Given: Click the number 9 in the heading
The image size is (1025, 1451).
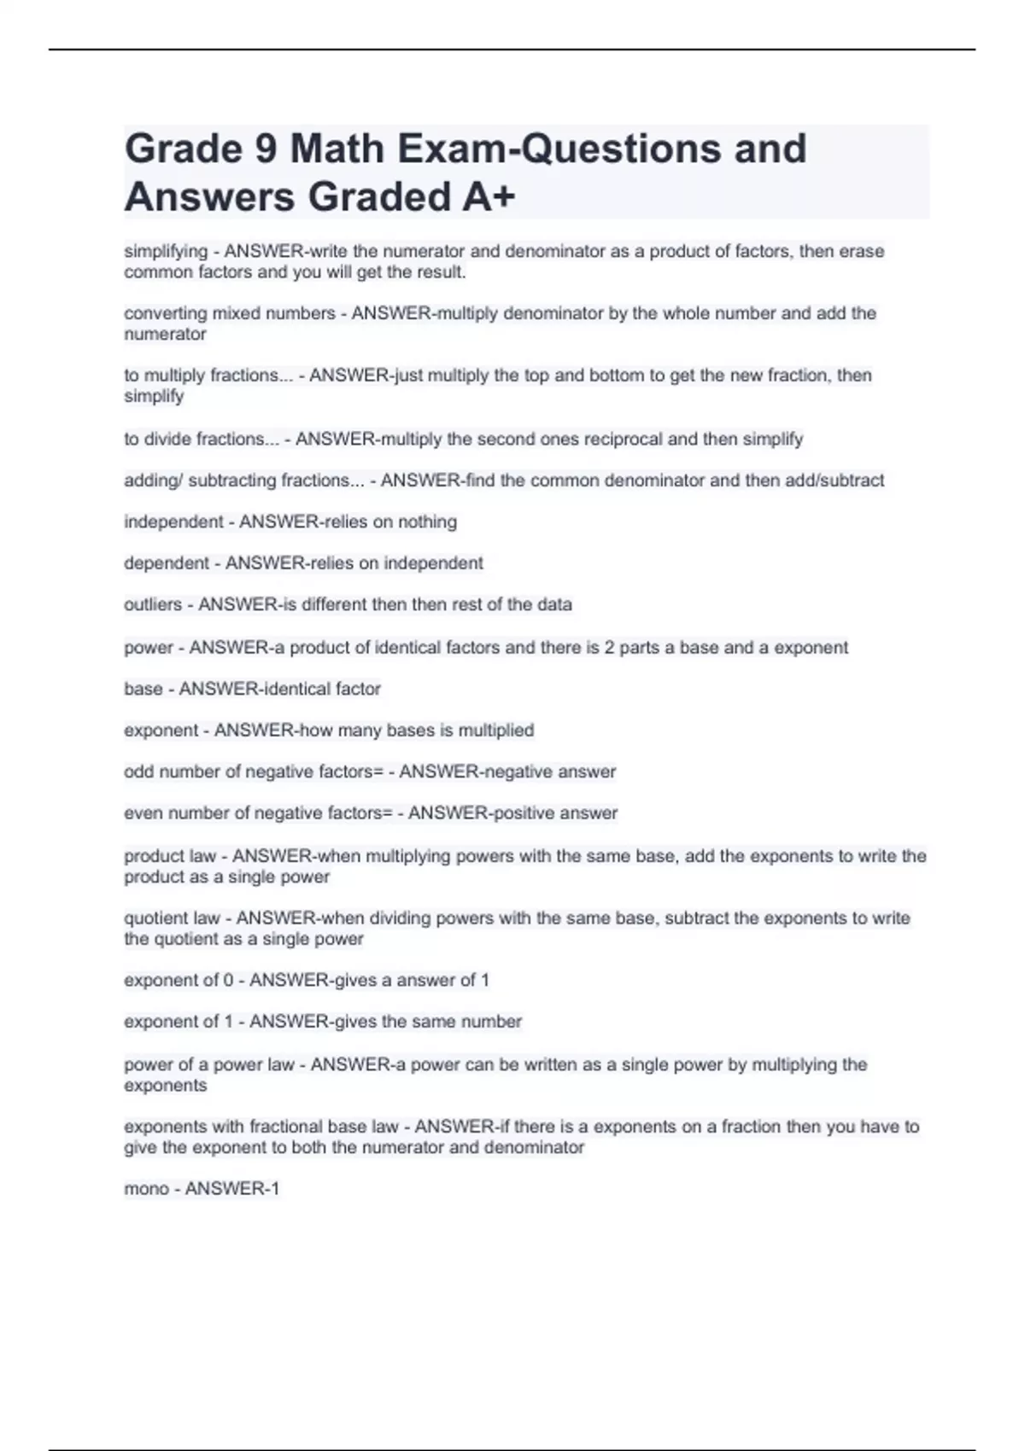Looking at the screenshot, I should coord(266,149).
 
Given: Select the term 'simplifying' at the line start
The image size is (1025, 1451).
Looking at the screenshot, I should coord(166,251).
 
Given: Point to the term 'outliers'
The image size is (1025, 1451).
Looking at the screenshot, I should coord(153,604).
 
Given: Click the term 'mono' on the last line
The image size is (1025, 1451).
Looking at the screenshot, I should coord(146,1188).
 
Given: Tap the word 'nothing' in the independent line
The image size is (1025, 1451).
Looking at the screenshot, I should coord(427,522).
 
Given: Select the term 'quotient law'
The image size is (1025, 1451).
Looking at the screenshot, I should coord(172,918).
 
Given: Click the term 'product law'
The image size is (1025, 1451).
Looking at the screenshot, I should coord(170,855).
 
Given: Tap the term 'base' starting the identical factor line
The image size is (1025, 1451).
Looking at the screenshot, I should coord(143,689).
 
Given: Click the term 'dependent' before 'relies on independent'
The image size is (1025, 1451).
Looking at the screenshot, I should coord(167,563).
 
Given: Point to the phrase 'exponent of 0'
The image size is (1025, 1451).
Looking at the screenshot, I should coord(179,980).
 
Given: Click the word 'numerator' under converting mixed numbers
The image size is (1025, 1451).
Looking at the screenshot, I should coord(165,334).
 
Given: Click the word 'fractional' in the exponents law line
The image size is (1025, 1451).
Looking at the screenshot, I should coord(286,1127).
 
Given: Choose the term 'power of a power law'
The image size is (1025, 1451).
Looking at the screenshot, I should coord(209,1064).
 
